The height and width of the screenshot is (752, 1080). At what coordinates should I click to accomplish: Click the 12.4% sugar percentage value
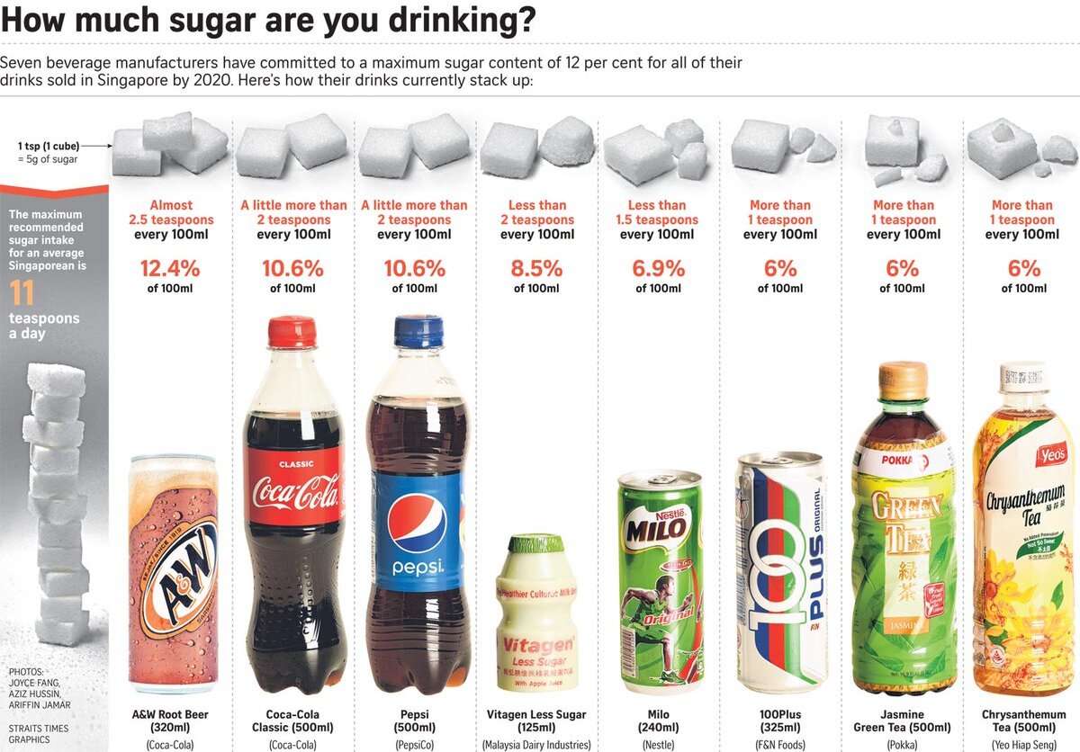171,268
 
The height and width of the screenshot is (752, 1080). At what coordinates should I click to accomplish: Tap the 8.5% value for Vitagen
536,268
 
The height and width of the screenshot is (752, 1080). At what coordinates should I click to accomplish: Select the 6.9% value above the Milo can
658,268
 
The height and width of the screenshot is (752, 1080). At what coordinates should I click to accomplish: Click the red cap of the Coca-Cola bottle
292,332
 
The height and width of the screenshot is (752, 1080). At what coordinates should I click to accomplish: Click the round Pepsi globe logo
417,524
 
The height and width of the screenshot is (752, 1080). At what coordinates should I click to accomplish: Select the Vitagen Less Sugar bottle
536,612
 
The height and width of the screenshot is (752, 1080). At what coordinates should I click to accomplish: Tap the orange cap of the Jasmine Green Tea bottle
903,380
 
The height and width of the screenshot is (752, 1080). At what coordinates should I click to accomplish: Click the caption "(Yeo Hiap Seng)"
1023,744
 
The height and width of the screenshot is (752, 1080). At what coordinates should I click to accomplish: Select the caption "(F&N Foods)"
780,744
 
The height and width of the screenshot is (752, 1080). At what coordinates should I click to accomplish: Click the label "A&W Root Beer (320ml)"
171,721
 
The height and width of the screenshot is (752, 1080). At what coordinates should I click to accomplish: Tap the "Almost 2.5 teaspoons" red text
171,212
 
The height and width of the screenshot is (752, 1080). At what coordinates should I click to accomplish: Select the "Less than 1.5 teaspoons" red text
658,212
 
